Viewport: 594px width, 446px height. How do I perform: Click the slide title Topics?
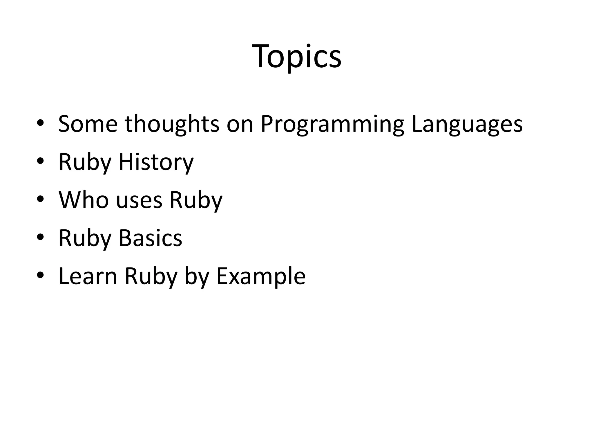297,57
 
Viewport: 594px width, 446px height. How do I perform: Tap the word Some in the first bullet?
88,124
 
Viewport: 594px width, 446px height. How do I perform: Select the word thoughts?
172,124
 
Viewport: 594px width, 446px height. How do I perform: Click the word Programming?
332,124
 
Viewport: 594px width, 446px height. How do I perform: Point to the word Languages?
467,124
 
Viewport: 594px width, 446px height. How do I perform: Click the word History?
156,162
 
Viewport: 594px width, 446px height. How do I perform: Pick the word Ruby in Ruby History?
85,162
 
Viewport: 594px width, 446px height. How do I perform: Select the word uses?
139,200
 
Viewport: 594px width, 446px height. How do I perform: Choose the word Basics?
150,238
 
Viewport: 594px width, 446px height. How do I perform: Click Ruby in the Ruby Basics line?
85,238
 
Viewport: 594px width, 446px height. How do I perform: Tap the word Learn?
88,276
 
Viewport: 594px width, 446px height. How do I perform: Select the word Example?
261,276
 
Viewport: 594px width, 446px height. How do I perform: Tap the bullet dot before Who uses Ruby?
40,199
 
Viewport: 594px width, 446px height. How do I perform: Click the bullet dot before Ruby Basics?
40,237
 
